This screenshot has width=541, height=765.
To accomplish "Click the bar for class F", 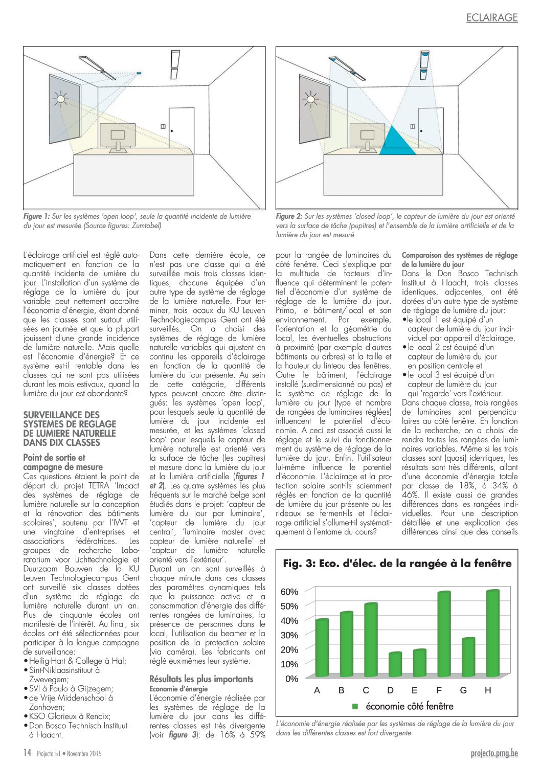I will pos(443,634).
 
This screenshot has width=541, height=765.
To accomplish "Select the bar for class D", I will pos(395,664).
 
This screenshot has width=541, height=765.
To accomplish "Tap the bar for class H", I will pos(492,634).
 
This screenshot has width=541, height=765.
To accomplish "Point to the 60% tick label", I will pos(289,592).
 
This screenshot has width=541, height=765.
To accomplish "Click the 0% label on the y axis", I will pos(291,679).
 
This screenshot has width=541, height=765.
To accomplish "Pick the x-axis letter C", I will pos(366,690).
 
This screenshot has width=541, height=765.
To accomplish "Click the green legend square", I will pos(355,706).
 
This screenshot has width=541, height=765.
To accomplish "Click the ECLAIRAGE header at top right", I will pos(492,18).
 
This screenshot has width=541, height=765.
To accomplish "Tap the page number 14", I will pos(27,753).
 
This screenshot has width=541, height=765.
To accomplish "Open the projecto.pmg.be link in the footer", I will pos(494,753).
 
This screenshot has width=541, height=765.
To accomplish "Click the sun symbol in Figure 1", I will pos(61,99).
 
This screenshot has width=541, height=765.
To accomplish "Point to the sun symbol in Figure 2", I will pos(310,98).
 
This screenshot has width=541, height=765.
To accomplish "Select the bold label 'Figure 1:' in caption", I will pos(36,216).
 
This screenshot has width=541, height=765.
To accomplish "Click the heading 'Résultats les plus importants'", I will pos(201,679).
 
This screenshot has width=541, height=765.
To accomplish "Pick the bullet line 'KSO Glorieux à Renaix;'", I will pos(70,716).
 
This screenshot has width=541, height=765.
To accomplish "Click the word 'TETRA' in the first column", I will pos(99,485).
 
